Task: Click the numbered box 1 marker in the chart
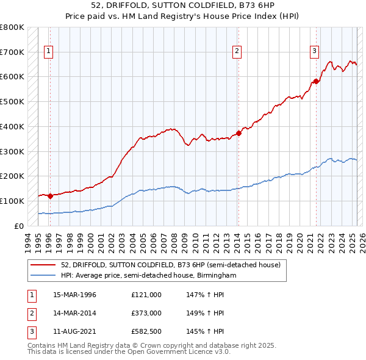(48, 52)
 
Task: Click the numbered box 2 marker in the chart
(237, 52)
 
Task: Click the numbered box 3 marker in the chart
(314, 51)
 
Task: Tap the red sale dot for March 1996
(50, 196)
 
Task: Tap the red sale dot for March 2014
(239, 133)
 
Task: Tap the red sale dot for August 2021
(316, 81)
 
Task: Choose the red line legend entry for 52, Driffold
(170, 265)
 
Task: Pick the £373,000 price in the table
(146, 313)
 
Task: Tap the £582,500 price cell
(146, 331)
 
